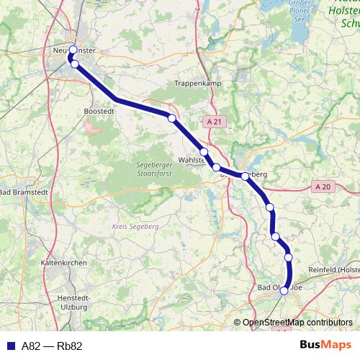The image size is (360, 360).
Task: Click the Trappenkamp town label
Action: pos(197,84)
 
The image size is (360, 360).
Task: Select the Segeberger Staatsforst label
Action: pos(152,169)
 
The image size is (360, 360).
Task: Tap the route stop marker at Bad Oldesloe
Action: pos(284,291)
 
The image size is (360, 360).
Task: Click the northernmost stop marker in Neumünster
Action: pos(73,50)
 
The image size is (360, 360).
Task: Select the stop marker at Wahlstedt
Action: pos(204,152)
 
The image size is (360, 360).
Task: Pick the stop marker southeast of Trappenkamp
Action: pos(171,118)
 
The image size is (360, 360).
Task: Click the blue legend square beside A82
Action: pos(11,346)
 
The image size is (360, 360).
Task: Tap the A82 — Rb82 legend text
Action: pos(52,346)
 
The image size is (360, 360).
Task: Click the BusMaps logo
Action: pos(326,346)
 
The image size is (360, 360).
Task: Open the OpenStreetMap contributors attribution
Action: pos(297,323)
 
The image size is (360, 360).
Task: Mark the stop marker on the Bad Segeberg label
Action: pos(245,176)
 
